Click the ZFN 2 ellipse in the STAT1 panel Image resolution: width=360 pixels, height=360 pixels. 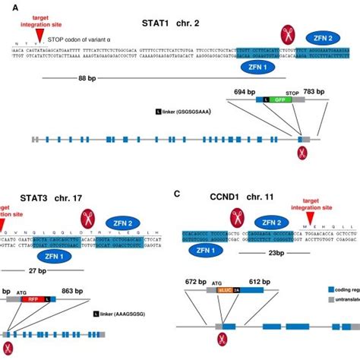(322, 36)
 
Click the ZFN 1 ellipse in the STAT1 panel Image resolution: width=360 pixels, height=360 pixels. (258, 67)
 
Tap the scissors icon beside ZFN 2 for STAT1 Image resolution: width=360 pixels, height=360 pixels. (288, 33)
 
